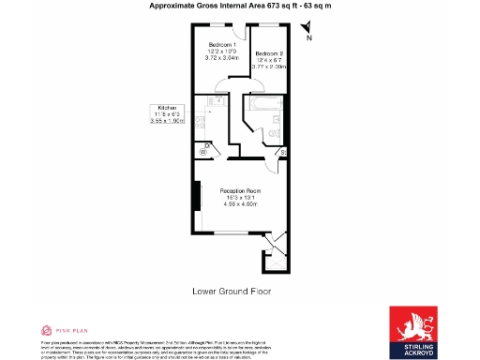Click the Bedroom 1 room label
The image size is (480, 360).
click(x=222, y=45)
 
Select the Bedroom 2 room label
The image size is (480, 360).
click(x=269, y=52)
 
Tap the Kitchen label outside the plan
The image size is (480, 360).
click(x=169, y=108)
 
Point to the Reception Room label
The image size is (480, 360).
click(x=239, y=190)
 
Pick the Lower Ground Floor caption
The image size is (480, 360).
click(x=232, y=292)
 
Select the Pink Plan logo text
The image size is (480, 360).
click(x=66, y=331)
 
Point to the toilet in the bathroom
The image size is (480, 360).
click(x=274, y=135)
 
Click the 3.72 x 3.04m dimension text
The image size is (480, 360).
click(x=222, y=59)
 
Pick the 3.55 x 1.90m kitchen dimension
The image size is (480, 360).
click(x=169, y=122)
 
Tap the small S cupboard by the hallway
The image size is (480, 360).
click(x=283, y=151)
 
